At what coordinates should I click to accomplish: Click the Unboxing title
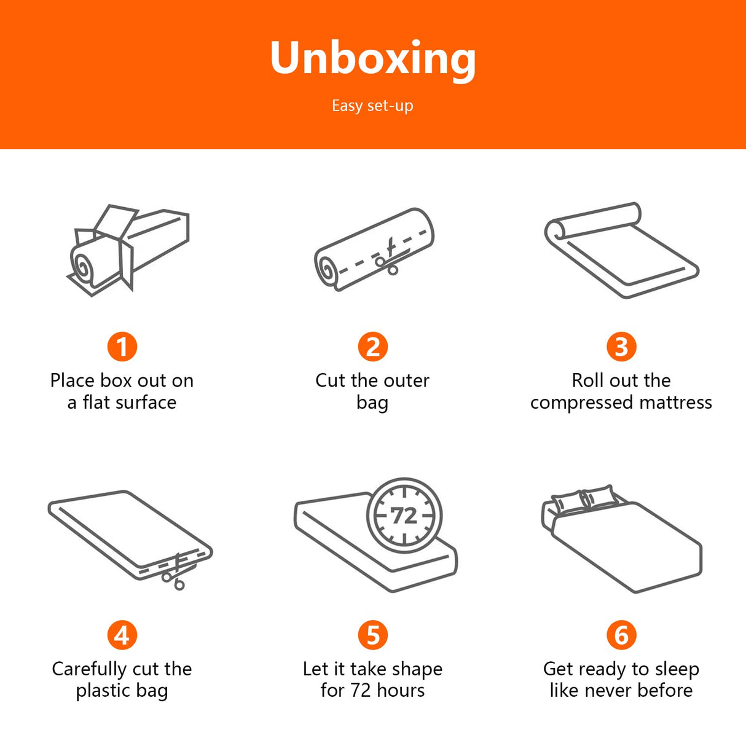pos(373,59)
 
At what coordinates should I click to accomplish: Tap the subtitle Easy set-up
pos(372,106)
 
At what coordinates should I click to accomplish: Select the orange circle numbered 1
pos(122,347)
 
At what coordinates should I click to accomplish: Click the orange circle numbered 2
pos(373,347)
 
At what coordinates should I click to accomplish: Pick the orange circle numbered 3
pos(621,347)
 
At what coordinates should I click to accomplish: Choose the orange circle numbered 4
pos(122,635)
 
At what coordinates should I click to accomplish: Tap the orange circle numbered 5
pos(373,635)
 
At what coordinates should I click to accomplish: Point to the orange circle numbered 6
pos(621,635)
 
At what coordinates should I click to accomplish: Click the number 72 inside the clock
pos(404,516)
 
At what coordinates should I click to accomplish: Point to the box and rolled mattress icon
pos(128,250)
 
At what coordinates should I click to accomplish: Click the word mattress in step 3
pos(675,402)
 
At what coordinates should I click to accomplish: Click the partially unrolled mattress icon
pos(621,250)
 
